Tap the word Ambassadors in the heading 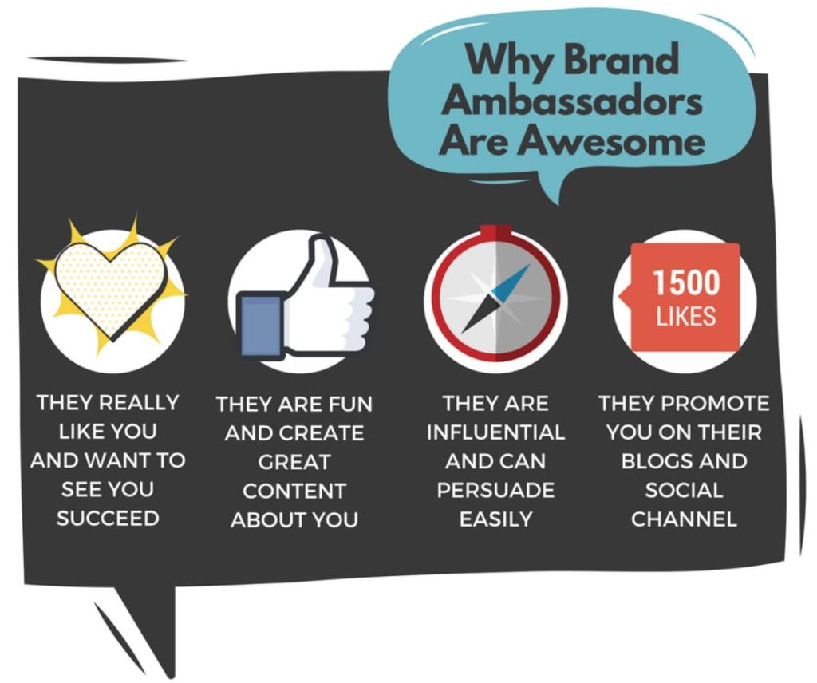point(574,102)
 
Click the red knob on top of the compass point(495,231)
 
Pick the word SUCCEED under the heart point(108,518)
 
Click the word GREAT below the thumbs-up point(294,462)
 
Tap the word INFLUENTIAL point(495,433)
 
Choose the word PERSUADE point(495,490)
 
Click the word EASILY point(495,519)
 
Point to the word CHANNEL point(684,519)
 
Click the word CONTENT point(294,491)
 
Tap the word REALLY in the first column point(139,403)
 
